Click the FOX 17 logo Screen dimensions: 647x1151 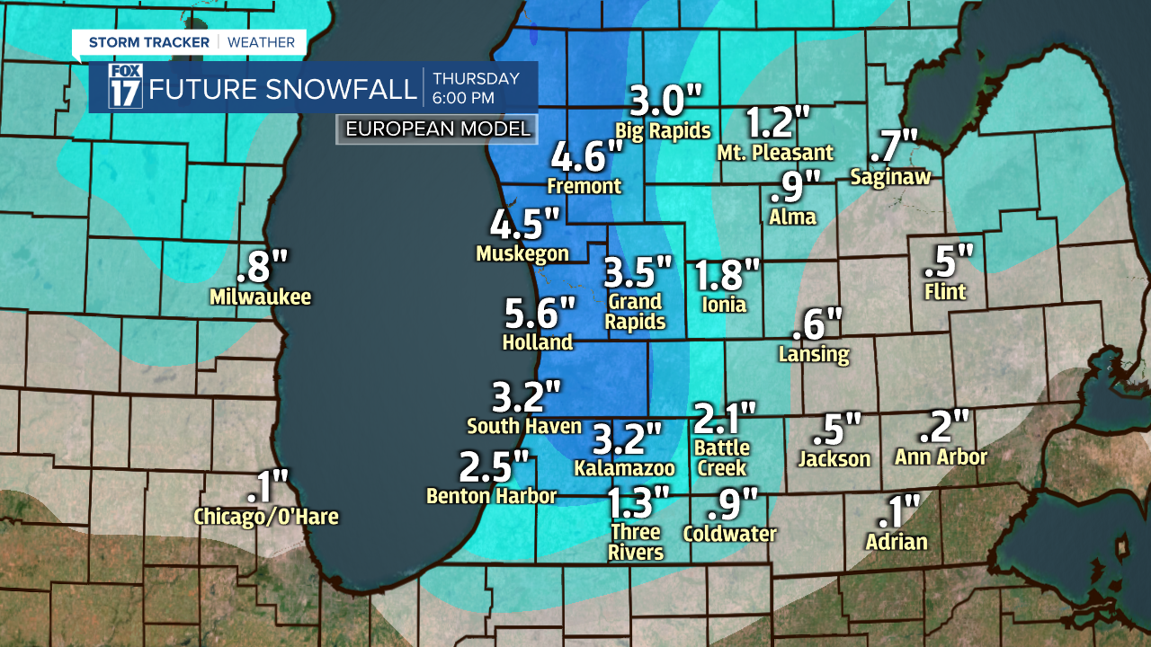(x=125, y=87)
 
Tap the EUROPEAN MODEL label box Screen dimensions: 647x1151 (x=438, y=129)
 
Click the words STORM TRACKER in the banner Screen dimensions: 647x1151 (x=148, y=42)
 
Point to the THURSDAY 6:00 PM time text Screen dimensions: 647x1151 (x=476, y=87)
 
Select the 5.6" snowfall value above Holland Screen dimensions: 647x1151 (x=539, y=314)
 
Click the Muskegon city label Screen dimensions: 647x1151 (x=522, y=254)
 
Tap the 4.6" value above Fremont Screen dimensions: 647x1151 (x=586, y=157)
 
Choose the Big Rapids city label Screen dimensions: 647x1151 (x=663, y=130)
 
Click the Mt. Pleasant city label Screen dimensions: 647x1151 (x=774, y=153)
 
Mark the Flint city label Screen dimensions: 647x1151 (x=945, y=292)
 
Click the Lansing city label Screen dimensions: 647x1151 (x=814, y=354)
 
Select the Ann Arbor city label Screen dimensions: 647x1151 (x=941, y=457)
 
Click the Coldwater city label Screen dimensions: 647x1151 (x=729, y=534)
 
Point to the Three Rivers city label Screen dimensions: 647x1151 (x=636, y=542)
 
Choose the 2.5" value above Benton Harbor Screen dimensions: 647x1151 (x=494, y=467)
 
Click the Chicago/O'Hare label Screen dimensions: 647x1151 (x=266, y=517)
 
